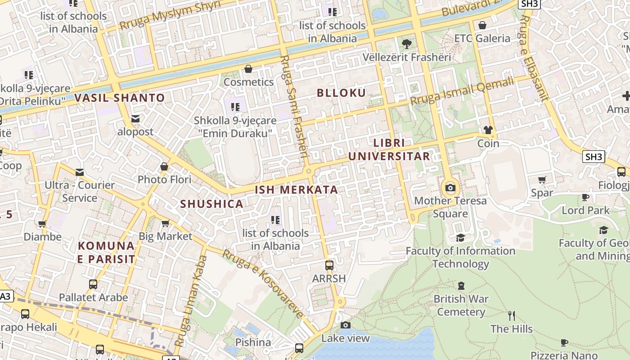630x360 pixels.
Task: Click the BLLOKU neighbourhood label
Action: click(x=341, y=93)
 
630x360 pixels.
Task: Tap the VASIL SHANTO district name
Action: click(x=120, y=98)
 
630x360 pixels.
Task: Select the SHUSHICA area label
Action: click(x=211, y=204)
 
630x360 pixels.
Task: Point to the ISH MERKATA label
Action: click(x=296, y=189)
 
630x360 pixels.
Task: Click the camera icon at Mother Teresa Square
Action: click(x=450, y=188)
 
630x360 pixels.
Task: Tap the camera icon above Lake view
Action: click(x=345, y=325)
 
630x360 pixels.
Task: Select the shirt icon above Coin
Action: click(x=488, y=130)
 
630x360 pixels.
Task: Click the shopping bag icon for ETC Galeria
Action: click(x=482, y=25)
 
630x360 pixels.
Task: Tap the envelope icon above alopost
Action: click(x=135, y=119)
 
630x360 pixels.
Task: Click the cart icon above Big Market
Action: click(x=165, y=223)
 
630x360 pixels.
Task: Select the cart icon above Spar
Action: click(x=542, y=180)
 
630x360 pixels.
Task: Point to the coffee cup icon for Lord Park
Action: click(x=585, y=198)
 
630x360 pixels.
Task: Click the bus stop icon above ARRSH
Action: click(x=329, y=265)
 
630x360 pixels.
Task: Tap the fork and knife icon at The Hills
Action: click(x=512, y=316)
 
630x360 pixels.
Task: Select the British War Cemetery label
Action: click(x=461, y=305)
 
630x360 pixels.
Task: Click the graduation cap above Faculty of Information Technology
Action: click(x=460, y=238)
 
